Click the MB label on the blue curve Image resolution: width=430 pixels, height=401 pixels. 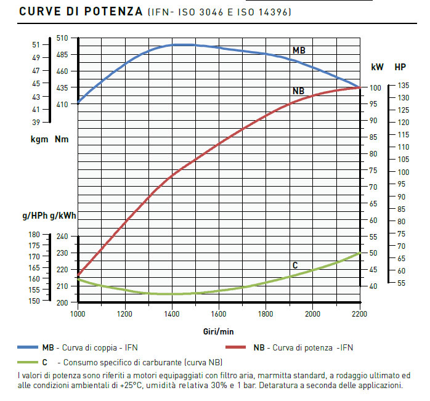[299, 50]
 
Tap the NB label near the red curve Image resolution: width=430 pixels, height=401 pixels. [298, 91]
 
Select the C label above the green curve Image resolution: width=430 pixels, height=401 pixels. [295, 265]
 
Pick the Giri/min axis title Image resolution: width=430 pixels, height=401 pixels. [218, 331]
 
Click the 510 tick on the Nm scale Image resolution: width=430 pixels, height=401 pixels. [62, 38]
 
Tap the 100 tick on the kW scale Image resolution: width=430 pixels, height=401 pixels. [374, 87]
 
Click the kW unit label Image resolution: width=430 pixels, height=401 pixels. [377, 67]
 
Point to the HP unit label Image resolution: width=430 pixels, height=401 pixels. [400, 67]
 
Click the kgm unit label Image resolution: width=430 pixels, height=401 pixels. [39, 139]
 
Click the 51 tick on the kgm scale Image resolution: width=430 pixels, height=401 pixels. [36, 44]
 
